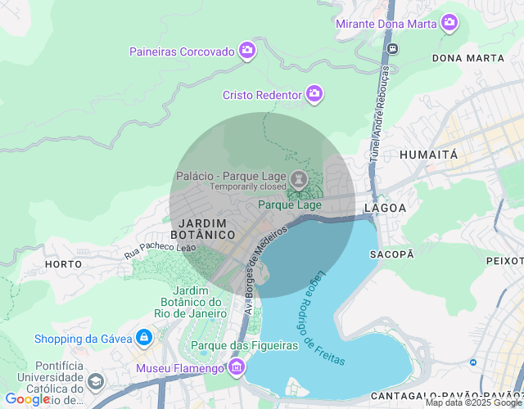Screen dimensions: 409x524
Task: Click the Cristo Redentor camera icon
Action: (x=314, y=95)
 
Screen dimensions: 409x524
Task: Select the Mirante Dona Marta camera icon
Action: (x=449, y=23)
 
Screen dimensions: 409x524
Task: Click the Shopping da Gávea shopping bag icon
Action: (x=144, y=338)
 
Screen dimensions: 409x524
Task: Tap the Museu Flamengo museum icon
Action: (x=237, y=367)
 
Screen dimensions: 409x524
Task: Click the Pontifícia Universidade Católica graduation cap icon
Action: (x=96, y=382)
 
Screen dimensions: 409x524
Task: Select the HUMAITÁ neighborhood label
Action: (x=428, y=154)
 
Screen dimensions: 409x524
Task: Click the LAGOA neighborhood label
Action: (x=385, y=208)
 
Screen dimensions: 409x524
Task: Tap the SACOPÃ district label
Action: (x=392, y=254)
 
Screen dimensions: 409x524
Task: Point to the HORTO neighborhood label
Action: (x=63, y=264)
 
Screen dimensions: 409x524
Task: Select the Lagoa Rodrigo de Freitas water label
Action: (x=324, y=318)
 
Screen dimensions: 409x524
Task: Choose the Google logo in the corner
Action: (x=27, y=399)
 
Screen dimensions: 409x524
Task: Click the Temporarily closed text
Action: (x=248, y=187)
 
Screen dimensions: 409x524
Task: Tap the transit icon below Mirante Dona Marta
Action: (x=392, y=48)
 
